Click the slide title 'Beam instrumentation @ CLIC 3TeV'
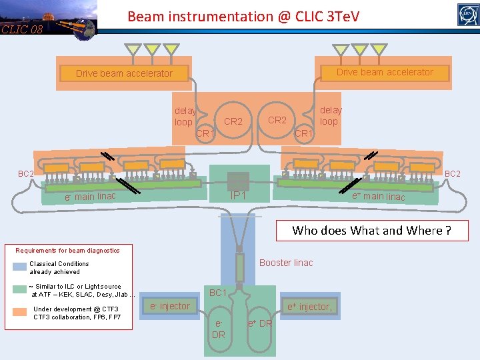[x=243, y=16]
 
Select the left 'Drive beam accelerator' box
[x=124, y=73]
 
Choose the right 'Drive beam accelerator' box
[x=385, y=72]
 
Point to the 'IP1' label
[x=238, y=196]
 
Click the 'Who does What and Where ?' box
[x=371, y=231]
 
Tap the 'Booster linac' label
[x=286, y=263]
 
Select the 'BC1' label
[x=218, y=293]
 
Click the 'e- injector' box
[x=169, y=306]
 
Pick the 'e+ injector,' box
[x=309, y=307]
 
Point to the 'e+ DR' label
[x=260, y=323]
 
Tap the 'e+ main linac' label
[x=378, y=195]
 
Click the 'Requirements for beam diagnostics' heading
[x=68, y=251]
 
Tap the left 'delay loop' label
[x=184, y=117]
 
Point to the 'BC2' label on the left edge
[x=25, y=174]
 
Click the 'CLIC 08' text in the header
[x=21, y=29]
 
